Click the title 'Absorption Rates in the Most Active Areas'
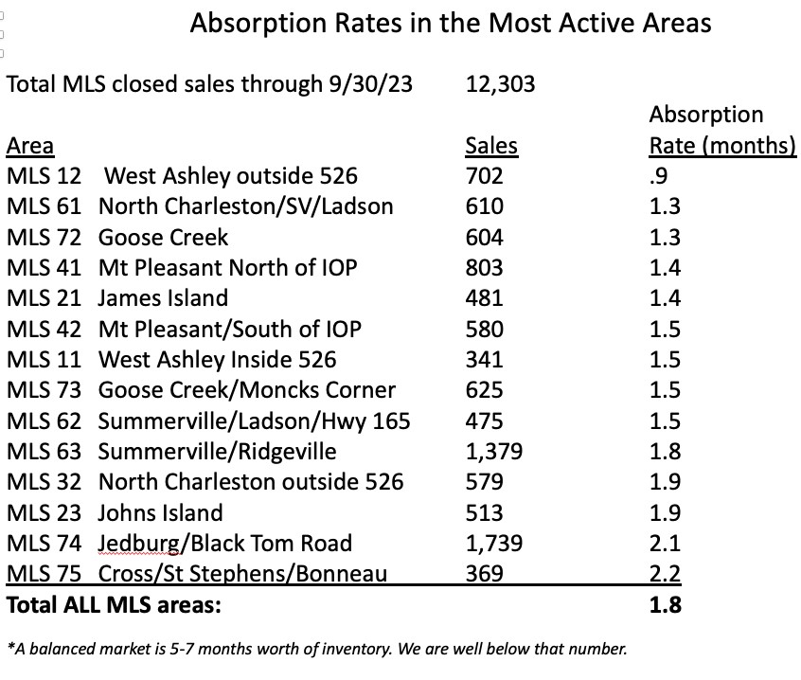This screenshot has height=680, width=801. [451, 23]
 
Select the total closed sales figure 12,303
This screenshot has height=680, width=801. [501, 84]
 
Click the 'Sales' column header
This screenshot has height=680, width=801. [491, 146]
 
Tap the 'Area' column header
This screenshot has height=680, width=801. [30, 146]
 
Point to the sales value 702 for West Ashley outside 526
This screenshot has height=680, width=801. [484, 176]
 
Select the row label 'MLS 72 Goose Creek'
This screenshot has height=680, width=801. [117, 237]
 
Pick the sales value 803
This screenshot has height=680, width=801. [485, 267]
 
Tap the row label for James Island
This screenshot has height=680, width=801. [117, 298]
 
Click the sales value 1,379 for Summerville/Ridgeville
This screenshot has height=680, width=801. [494, 451]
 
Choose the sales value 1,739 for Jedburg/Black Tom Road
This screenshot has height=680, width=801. [494, 543]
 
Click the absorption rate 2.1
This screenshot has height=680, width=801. [665, 543]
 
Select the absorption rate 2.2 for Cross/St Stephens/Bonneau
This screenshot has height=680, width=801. [665, 573]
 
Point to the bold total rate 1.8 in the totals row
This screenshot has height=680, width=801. [665, 603]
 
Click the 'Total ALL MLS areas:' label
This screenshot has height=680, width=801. [114, 603]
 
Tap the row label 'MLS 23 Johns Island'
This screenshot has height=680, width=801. [115, 512]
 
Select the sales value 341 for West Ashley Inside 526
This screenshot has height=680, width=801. [484, 359]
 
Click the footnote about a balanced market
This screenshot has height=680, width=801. [316, 650]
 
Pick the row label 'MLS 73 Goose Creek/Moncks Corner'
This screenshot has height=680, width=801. [201, 389]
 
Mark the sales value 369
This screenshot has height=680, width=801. [484, 573]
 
